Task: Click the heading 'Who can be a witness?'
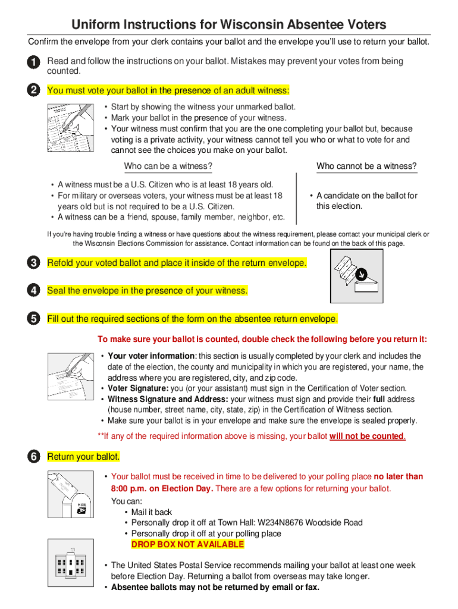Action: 168,166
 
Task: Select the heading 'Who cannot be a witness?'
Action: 366,166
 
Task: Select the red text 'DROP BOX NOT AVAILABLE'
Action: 187,545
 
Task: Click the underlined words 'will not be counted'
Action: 367,437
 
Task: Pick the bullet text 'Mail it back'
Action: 152,512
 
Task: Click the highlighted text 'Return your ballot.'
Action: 83,457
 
